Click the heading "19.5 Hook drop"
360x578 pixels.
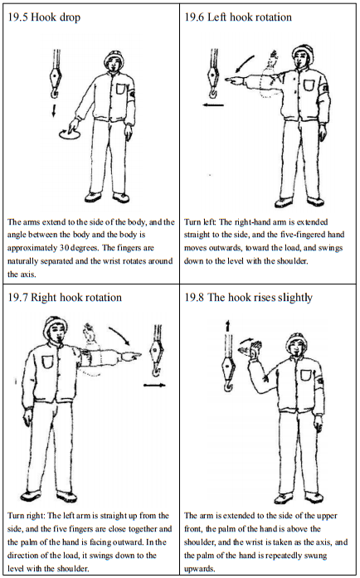[x=44, y=17]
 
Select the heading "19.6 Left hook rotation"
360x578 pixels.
[x=238, y=17]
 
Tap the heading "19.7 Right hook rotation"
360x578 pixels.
[x=65, y=298]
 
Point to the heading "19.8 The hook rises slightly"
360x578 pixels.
[x=248, y=298]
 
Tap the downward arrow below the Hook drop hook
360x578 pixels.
[x=54, y=110]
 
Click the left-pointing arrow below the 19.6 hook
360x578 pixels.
[x=213, y=105]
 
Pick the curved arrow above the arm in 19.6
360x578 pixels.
[x=244, y=63]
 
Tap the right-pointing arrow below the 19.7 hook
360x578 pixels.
[x=154, y=386]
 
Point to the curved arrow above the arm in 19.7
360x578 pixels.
[x=120, y=335]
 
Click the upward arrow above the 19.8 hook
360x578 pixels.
[x=227, y=326]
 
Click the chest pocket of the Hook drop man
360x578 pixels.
[x=121, y=90]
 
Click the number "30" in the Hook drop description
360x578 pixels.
[x=65, y=248]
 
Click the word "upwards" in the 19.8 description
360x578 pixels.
[x=199, y=568]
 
